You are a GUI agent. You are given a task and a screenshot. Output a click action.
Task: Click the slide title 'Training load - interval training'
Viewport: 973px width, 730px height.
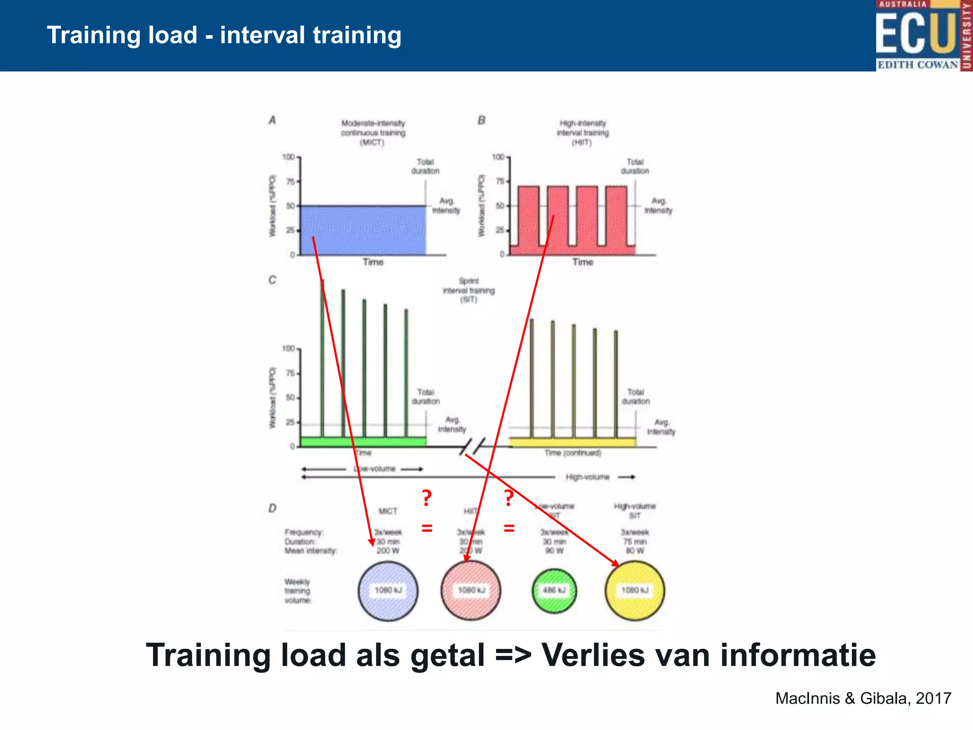[x=224, y=35]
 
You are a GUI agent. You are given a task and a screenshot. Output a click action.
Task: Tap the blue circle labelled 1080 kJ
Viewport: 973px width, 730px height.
[x=388, y=590]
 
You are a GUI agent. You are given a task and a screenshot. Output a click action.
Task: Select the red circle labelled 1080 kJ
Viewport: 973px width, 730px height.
[x=471, y=590]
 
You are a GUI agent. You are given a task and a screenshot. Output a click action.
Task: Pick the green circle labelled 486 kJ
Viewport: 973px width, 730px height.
[x=554, y=590]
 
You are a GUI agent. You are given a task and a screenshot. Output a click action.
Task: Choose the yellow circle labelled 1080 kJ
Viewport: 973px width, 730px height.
[x=635, y=590]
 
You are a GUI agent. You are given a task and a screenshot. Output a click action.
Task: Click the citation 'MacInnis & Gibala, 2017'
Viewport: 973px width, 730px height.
[x=863, y=698]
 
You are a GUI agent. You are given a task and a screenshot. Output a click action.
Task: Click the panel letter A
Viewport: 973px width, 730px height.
[x=272, y=120]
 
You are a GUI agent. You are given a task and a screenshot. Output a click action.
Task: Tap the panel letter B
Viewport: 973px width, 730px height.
[x=481, y=120]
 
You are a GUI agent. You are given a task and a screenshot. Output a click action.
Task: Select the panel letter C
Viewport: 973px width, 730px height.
[x=272, y=280]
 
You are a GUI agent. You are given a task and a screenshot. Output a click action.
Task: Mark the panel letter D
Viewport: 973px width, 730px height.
[x=272, y=508]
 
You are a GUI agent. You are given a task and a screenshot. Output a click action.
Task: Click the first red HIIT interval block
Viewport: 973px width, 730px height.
[x=528, y=219]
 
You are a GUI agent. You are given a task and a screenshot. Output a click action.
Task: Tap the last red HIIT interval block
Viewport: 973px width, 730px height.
[x=616, y=219]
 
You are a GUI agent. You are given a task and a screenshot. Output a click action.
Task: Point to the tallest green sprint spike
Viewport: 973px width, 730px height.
[x=323, y=356]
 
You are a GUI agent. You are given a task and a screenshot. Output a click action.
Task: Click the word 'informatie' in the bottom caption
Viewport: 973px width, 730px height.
[x=798, y=655]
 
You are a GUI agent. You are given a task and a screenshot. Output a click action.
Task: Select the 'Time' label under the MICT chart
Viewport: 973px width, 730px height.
[x=373, y=262]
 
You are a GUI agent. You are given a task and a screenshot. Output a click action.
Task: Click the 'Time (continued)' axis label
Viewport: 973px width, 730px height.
[x=572, y=453]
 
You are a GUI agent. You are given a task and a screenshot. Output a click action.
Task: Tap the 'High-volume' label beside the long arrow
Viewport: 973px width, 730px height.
[x=587, y=477]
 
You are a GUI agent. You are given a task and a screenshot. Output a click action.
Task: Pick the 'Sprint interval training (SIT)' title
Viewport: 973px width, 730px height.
[x=468, y=290]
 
